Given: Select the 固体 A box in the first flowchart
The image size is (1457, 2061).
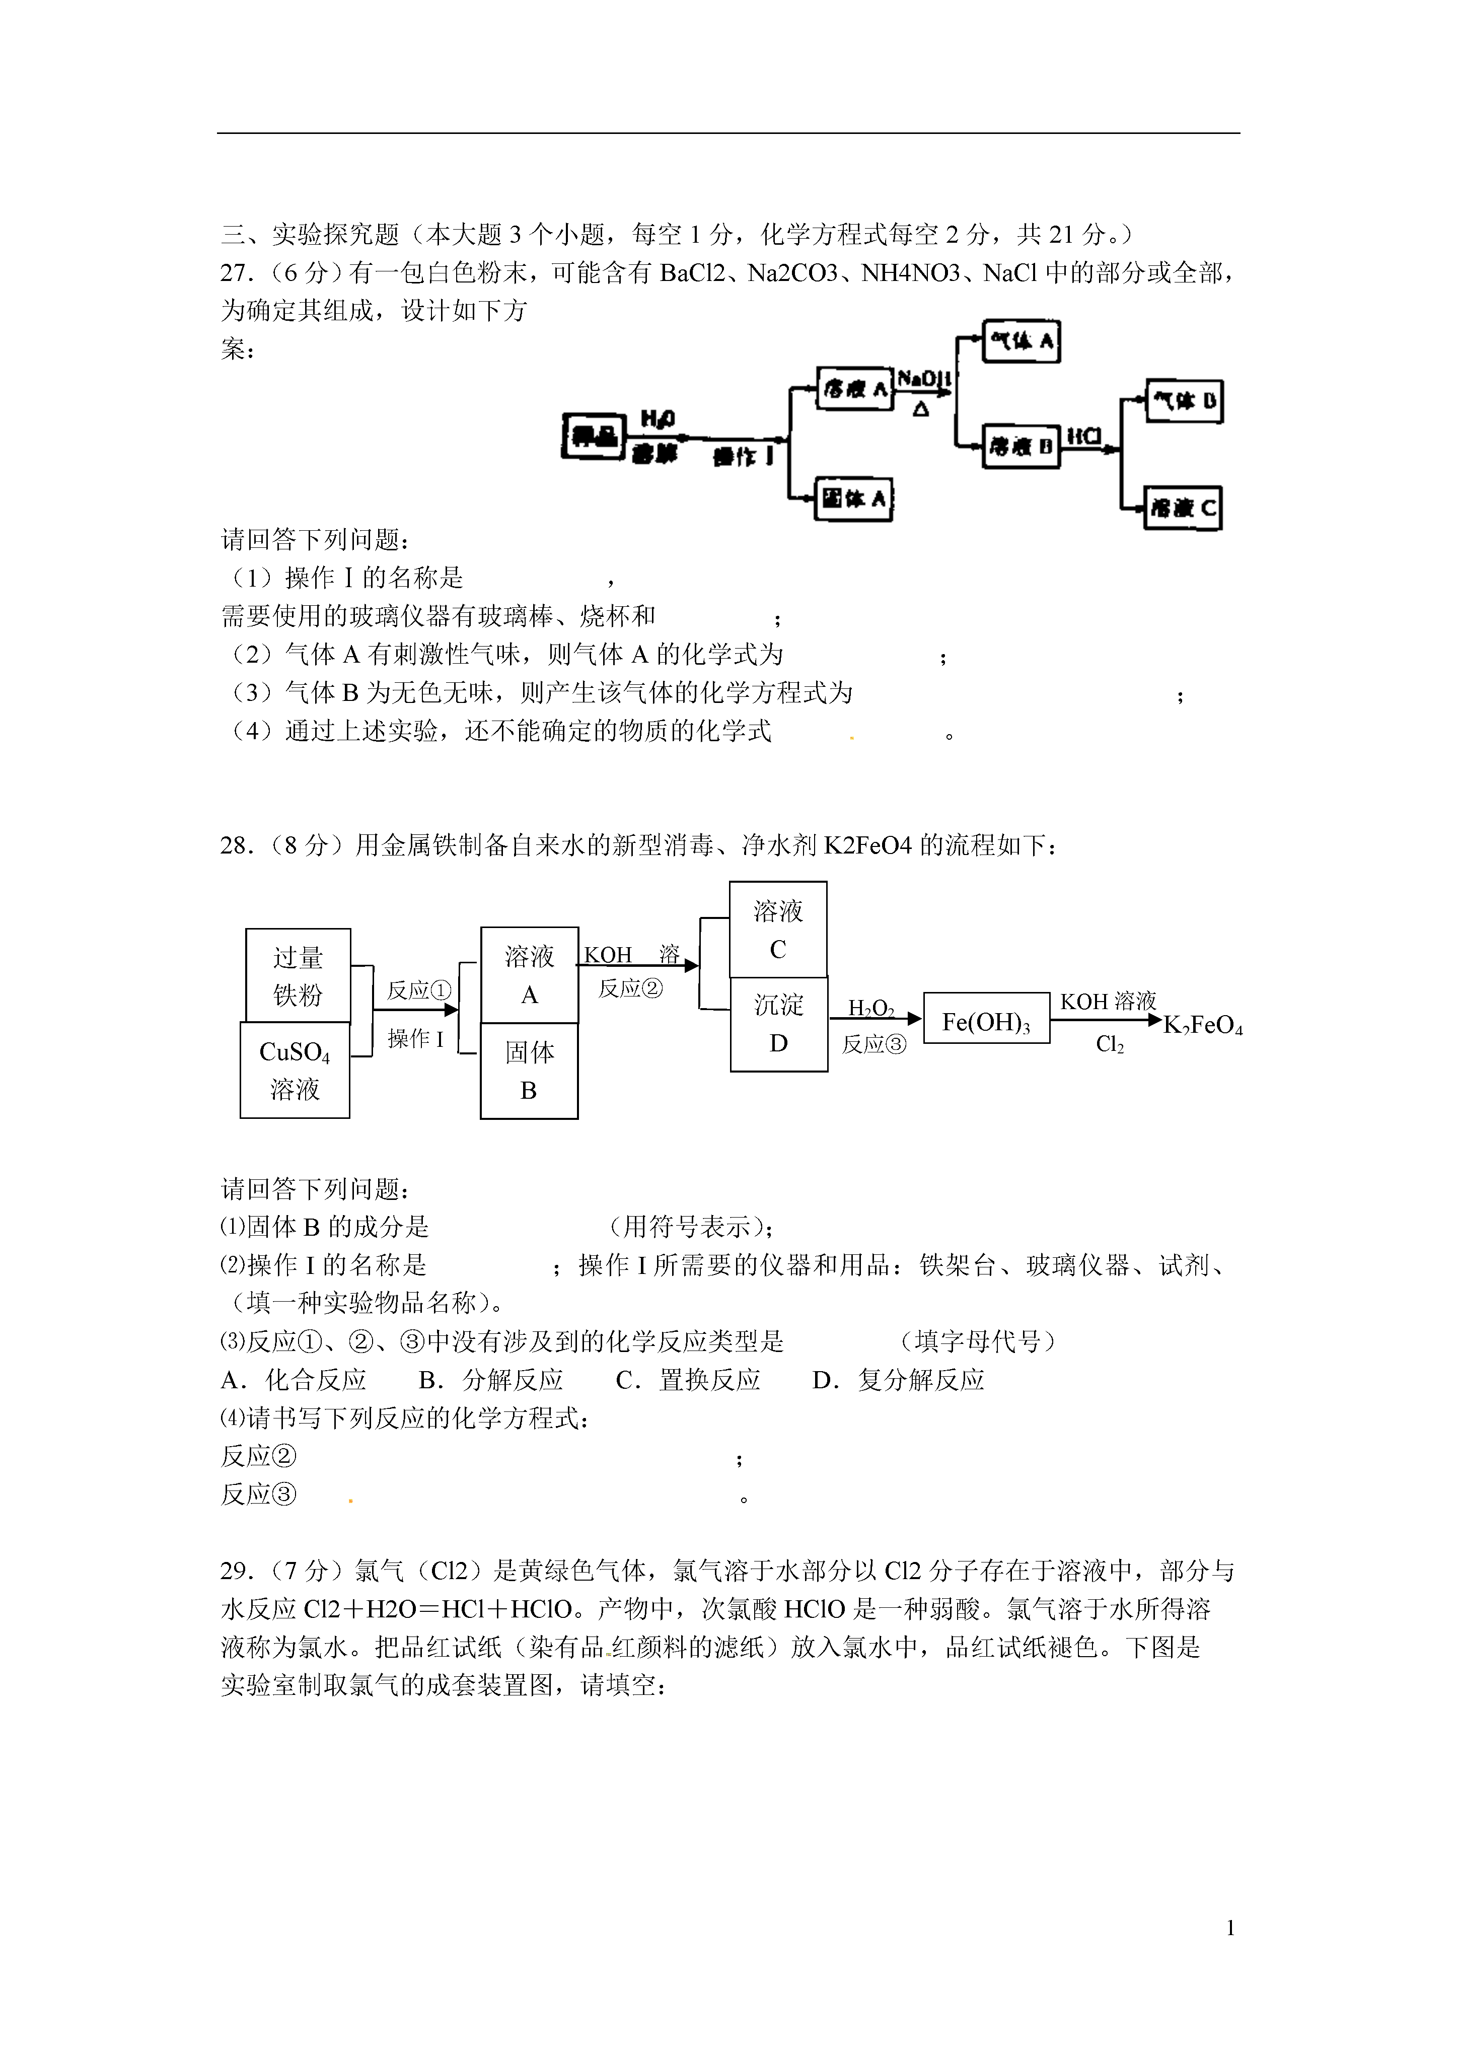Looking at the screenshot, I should pyautogui.click(x=854, y=498).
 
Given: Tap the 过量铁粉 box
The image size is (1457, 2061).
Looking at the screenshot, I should pyautogui.click(x=298, y=976).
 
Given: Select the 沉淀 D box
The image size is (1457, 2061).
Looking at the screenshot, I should pyautogui.click(x=778, y=1024).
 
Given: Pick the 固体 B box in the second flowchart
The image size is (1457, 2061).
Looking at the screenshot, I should pyautogui.click(x=529, y=1071).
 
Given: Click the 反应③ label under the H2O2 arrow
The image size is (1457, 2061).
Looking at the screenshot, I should pyautogui.click(x=873, y=1044).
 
